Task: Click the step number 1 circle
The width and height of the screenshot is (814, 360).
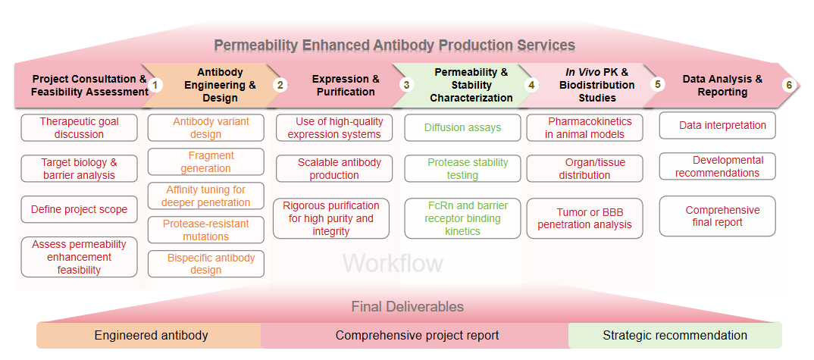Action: [155, 85]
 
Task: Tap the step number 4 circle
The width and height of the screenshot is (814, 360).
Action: [531, 85]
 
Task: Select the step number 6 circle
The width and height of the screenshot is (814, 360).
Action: [789, 85]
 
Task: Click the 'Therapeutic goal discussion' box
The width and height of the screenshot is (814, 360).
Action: [79, 127]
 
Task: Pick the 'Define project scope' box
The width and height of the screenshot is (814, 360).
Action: [79, 209]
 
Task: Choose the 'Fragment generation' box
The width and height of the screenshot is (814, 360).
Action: [205, 162]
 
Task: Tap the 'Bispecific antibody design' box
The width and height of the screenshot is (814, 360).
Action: [205, 264]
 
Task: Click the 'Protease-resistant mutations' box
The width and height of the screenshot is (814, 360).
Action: [205, 230]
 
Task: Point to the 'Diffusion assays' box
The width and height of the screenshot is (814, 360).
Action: [462, 127]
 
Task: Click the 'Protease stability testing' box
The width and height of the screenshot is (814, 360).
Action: [462, 168]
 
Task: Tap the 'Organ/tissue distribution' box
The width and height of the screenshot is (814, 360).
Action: [584, 168]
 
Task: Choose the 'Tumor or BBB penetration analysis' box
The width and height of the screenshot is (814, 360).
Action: [584, 218]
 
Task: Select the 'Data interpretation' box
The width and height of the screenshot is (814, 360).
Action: [717, 125]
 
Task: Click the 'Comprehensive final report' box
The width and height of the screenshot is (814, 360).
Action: [717, 216]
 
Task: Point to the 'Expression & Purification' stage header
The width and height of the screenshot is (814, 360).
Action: [346, 85]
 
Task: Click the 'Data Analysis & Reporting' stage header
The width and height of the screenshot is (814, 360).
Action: [722, 85]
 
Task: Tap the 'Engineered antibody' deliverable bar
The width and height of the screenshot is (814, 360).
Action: [151, 335]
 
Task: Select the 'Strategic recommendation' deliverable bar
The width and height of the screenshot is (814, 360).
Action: [675, 335]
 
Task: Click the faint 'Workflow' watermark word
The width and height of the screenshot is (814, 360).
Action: [393, 263]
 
